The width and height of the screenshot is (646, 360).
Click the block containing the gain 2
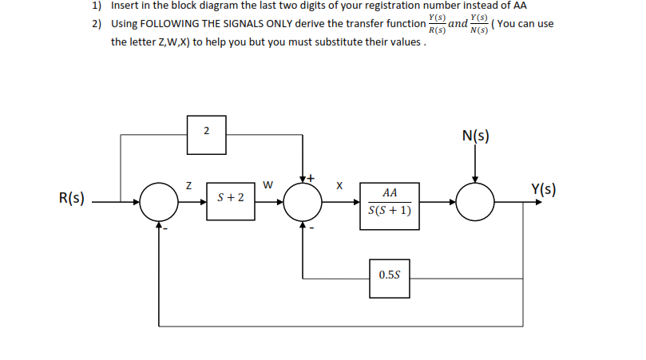coord(207,133)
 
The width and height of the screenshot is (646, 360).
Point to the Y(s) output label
coord(543,190)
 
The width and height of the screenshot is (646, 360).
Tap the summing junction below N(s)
coord(476,202)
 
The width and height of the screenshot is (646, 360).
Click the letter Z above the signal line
coord(188,185)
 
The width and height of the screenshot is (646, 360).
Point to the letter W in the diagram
coord(268,186)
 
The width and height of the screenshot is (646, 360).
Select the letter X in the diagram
coord(339,186)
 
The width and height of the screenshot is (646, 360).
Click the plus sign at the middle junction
coord(312,176)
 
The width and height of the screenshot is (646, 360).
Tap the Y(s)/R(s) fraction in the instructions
coord(437,24)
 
